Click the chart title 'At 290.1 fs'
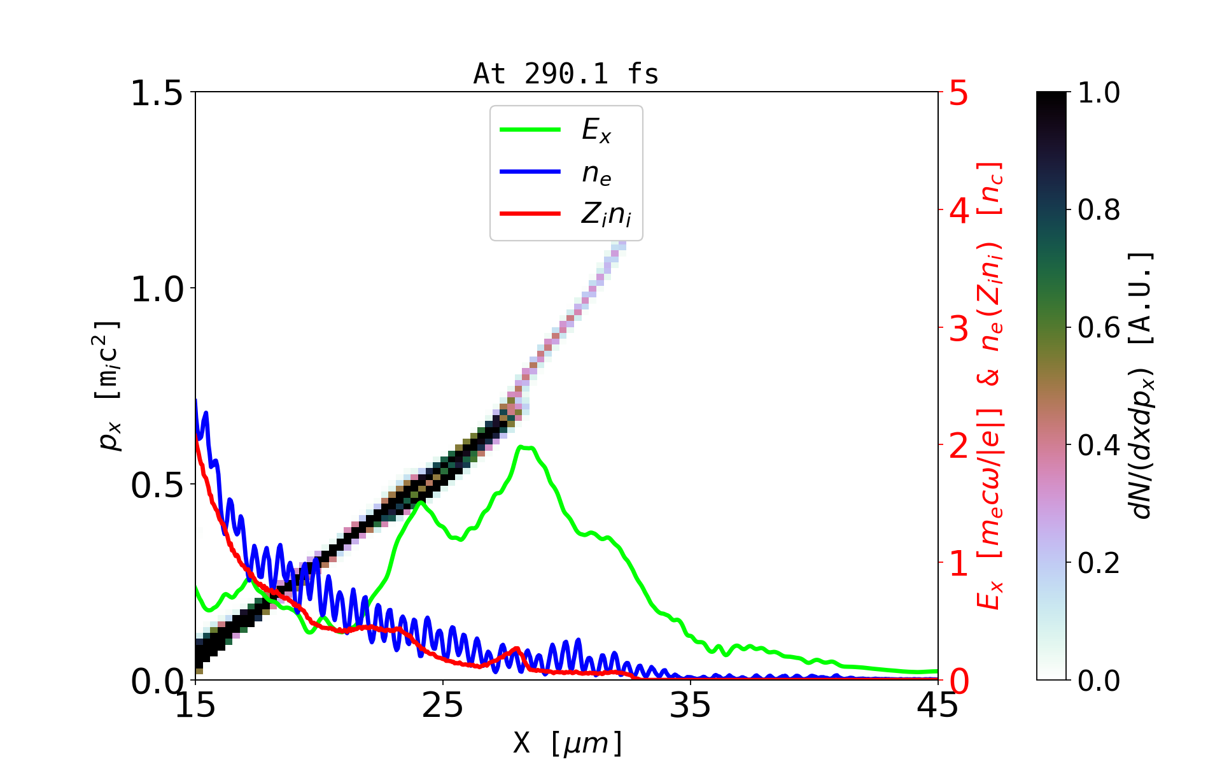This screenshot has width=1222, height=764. click(566, 74)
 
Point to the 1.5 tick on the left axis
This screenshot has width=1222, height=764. click(156, 93)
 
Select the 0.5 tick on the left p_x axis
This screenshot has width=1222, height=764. click(156, 485)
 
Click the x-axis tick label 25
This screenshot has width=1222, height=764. click(443, 705)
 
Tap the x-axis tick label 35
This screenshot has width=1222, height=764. click(691, 705)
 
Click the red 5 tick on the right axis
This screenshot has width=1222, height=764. click(959, 93)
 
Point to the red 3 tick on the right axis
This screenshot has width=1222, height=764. click(959, 329)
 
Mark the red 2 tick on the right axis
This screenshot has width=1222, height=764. click(959, 446)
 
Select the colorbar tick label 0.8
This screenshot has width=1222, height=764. click(1099, 210)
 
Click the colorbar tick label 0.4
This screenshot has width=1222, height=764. click(1099, 446)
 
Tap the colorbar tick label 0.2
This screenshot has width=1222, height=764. click(1099, 563)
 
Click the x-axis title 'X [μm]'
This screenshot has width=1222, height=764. click(568, 742)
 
